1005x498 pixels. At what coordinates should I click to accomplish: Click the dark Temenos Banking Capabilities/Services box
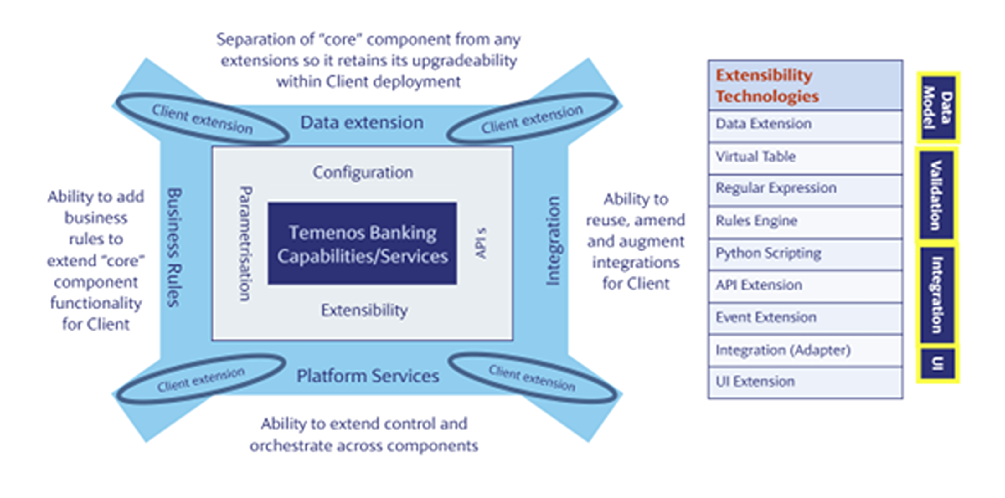[x=363, y=243]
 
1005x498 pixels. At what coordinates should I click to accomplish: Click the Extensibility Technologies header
[x=805, y=85]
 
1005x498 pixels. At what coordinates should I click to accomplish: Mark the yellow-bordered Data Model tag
[x=938, y=108]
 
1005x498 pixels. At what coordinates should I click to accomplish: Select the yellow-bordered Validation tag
[x=936, y=195]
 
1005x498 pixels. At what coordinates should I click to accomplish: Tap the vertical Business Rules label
[x=174, y=248]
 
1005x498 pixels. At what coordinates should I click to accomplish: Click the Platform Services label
[x=368, y=376]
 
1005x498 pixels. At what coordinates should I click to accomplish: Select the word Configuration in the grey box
[x=363, y=173]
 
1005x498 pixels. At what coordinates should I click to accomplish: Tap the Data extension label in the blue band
[x=362, y=122]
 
